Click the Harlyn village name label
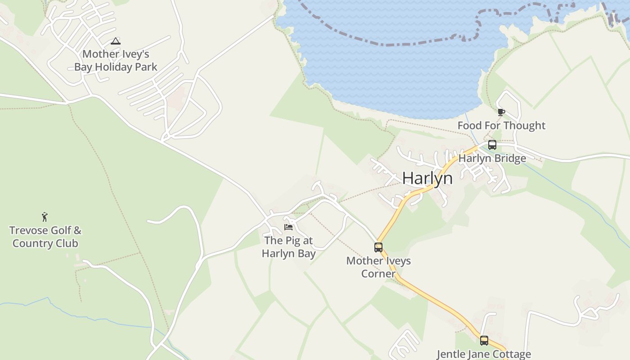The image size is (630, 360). (x=427, y=178)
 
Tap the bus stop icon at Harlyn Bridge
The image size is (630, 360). (x=492, y=145)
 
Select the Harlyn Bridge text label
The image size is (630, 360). (x=492, y=158)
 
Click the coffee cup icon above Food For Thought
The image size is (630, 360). (x=501, y=112)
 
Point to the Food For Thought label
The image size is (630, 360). (x=501, y=126)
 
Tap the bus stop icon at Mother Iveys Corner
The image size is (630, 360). (x=378, y=247)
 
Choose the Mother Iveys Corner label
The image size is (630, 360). (x=378, y=267)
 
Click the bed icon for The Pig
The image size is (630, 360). (x=288, y=227)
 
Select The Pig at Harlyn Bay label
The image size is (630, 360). (x=288, y=247)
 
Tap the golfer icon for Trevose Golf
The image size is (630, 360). (x=45, y=217)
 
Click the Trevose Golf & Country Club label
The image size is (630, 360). (x=45, y=237)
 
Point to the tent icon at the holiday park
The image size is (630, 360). (x=116, y=41)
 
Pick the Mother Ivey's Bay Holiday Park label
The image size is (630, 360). (x=116, y=60)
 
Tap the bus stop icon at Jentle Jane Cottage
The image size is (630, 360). (x=484, y=341)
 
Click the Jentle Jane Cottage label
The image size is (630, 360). (x=484, y=354)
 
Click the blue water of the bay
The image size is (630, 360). (x=405, y=76)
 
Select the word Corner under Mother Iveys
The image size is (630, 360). (x=378, y=274)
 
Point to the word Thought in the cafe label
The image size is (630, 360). (x=524, y=126)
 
